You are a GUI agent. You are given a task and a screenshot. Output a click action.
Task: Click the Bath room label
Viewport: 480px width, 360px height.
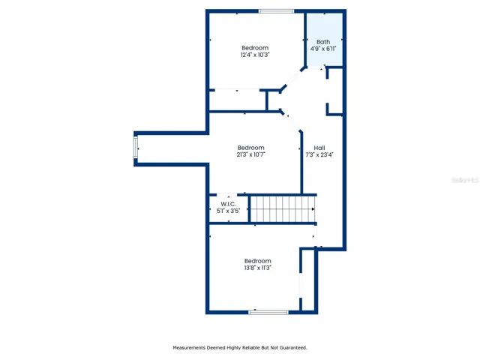point(323,42)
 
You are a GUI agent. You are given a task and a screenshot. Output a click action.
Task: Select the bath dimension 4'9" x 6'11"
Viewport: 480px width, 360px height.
point(323,49)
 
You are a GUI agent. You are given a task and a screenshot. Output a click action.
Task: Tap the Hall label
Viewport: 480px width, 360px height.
point(319,148)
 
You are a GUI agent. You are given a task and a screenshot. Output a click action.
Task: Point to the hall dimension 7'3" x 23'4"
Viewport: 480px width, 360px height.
point(319,155)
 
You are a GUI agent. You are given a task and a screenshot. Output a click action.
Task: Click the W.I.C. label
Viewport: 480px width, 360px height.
point(228,204)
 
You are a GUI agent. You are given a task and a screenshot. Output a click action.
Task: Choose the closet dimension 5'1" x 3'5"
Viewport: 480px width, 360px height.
point(228,211)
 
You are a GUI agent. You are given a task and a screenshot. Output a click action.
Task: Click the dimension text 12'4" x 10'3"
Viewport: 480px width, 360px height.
point(255,55)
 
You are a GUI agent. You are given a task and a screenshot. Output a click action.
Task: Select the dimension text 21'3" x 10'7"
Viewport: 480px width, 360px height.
point(251,154)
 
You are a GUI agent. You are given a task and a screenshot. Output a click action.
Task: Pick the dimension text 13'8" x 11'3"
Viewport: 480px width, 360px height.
point(257,268)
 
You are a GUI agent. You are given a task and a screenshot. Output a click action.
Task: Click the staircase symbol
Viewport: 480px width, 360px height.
point(282,208)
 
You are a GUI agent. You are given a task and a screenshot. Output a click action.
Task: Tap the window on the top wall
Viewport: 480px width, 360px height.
point(276,11)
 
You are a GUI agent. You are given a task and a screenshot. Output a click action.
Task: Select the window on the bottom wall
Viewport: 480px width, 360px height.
point(268,311)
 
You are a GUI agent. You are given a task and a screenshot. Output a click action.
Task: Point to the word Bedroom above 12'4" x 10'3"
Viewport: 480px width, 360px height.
point(255,48)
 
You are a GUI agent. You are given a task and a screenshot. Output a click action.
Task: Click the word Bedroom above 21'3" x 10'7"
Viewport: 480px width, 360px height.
point(251,147)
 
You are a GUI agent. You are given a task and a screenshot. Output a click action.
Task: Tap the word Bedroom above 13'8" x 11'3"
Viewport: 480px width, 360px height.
point(257,261)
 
